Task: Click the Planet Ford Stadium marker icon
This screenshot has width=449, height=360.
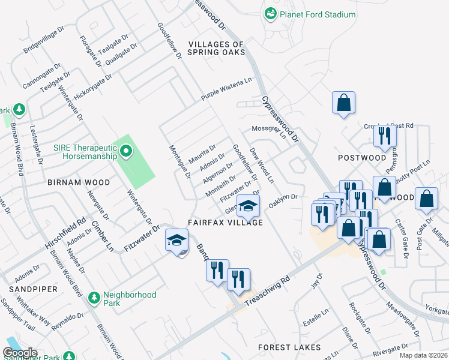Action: point(271,14)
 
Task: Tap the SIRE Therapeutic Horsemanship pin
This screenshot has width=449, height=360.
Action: point(125,151)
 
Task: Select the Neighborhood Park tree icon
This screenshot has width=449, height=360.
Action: point(94,298)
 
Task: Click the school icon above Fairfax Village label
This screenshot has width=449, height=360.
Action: point(247,206)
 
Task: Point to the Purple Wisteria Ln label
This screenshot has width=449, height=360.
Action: point(226,89)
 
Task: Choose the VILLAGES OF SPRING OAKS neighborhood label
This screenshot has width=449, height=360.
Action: point(216,49)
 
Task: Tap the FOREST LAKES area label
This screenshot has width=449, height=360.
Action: point(289,347)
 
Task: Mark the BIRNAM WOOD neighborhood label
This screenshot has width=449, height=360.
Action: point(79,182)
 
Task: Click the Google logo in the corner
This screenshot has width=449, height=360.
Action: point(20,353)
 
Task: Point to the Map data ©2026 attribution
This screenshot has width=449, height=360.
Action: point(423,355)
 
